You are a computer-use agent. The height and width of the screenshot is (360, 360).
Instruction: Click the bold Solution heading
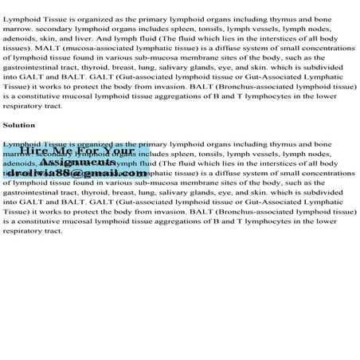click(x=18, y=124)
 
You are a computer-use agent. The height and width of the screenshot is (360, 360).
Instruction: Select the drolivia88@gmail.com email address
click(x=76, y=173)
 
